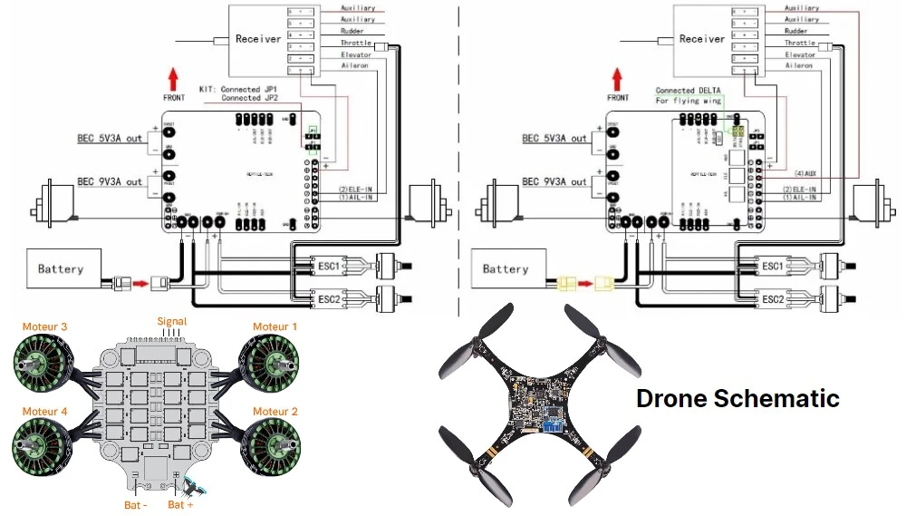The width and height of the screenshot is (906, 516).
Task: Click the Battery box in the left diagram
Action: click(x=61, y=268)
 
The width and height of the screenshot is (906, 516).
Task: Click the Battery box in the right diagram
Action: click(x=506, y=269)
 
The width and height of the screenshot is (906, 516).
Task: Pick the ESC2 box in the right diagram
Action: click(x=772, y=299)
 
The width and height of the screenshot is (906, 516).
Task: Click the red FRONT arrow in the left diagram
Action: click(x=174, y=79)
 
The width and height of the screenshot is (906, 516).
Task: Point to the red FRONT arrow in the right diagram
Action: click(x=618, y=79)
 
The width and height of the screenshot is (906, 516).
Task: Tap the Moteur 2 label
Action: click(x=275, y=412)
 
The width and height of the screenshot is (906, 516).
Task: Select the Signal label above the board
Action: click(x=172, y=322)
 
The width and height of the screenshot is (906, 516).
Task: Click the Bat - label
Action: click(x=138, y=503)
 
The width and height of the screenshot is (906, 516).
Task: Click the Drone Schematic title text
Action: click(x=737, y=398)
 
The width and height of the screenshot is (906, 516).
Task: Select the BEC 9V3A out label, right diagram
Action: click(x=554, y=181)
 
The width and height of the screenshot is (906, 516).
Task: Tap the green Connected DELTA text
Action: click(x=688, y=91)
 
